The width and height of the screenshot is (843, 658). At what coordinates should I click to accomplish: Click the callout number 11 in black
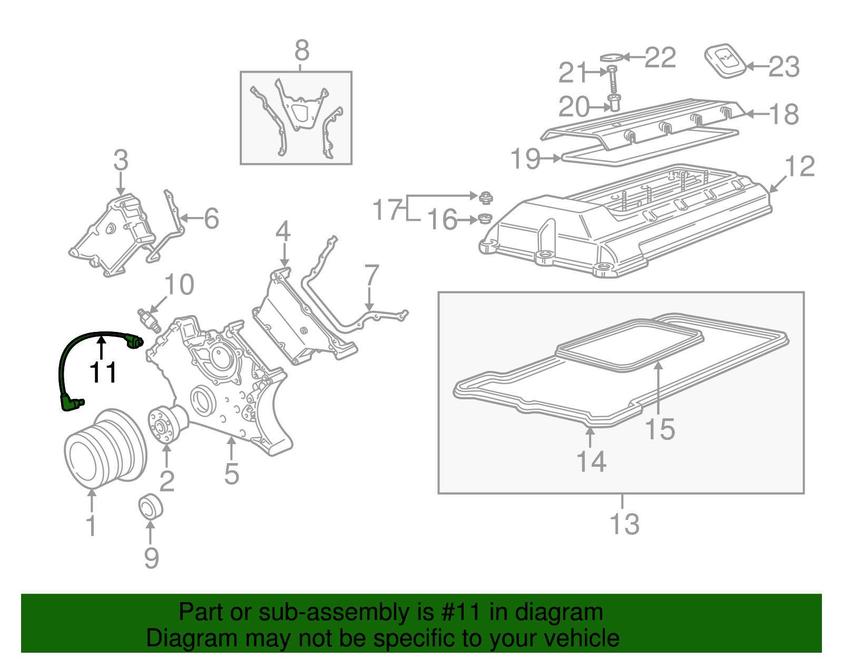point(103,373)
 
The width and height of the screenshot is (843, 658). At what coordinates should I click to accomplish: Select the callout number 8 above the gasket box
point(301,51)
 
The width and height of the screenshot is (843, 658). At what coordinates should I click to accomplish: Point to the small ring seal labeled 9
point(150,507)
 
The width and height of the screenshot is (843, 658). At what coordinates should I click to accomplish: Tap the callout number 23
point(784,67)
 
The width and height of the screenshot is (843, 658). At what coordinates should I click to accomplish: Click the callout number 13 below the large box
point(624,524)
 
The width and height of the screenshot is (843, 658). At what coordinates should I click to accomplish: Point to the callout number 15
point(660,429)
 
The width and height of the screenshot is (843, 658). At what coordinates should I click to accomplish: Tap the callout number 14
point(591,461)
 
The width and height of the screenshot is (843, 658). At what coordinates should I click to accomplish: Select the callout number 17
point(387,210)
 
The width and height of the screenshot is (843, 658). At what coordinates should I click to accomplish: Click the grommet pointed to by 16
point(484,218)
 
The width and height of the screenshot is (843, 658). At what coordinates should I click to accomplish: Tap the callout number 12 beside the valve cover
point(800,166)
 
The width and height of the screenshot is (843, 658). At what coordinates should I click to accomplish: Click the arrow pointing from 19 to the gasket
point(551,158)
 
